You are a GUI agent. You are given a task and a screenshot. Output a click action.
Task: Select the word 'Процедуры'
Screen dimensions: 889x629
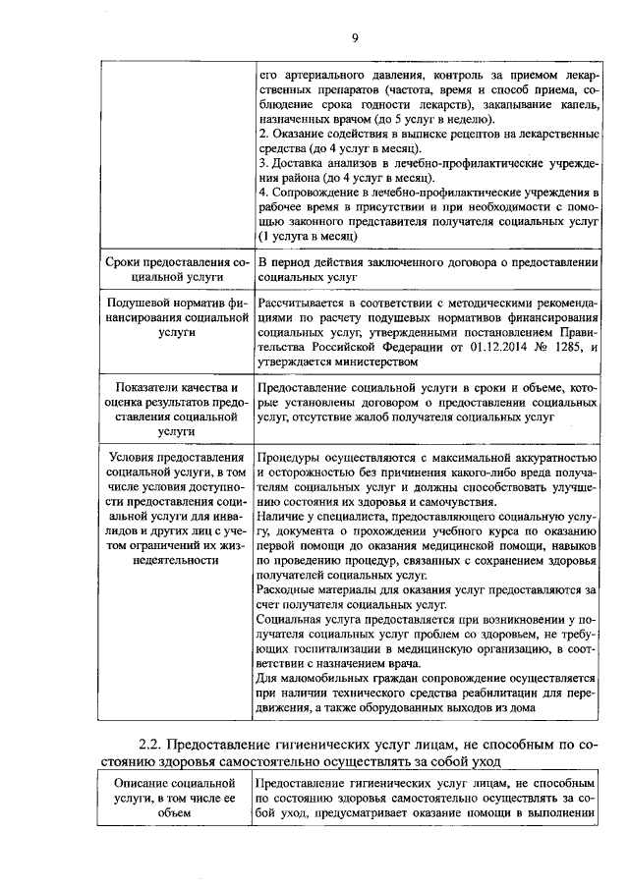click(x=289, y=458)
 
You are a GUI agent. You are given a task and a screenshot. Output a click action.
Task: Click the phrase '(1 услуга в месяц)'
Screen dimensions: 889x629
click(x=308, y=238)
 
